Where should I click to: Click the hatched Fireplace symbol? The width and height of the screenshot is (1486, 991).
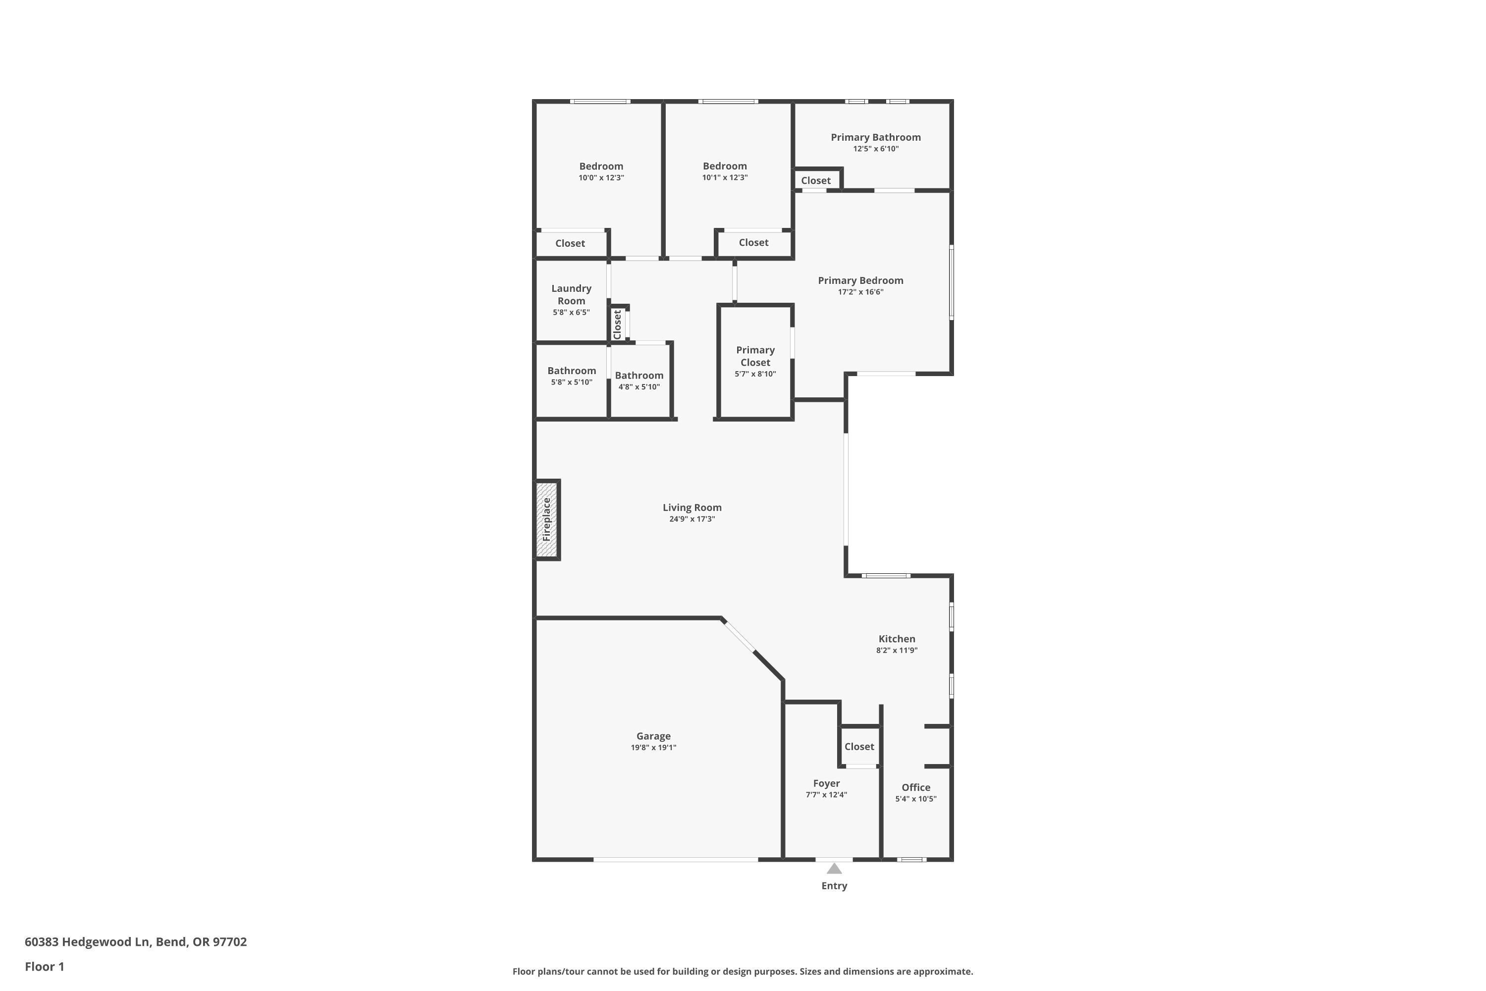(x=546, y=519)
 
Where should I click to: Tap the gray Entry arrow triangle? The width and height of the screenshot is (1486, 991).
(x=834, y=869)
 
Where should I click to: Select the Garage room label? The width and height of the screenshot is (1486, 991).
(x=653, y=736)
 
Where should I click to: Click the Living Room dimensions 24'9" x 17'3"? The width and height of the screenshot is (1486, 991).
(x=692, y=519)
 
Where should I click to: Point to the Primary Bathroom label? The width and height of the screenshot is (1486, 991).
(x=875, y=137)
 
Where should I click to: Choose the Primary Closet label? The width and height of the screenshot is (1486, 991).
(x=755, y=356)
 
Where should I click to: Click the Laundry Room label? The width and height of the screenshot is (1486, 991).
(x=571, y=294)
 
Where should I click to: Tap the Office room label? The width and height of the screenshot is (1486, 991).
(x=915, y=787)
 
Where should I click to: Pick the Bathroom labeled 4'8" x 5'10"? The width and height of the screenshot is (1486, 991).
(x=639, y=376)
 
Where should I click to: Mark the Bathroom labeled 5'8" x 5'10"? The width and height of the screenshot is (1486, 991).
(x=571, y=371)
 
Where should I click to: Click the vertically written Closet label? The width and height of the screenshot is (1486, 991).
(x=617, y=324)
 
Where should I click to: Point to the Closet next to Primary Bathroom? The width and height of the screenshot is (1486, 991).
(x=816, y=181)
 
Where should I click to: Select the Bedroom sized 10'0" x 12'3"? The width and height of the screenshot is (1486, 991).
(x=601, y=166)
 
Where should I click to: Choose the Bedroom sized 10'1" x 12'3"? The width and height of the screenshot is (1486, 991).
(x=725, y=166)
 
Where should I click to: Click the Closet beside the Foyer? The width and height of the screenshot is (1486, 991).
(x=859, y=746)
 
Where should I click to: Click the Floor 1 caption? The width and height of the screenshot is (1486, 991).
(x=44, y=966)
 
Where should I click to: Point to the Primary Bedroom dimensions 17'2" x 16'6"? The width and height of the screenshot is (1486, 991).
(x=860, y=292)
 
